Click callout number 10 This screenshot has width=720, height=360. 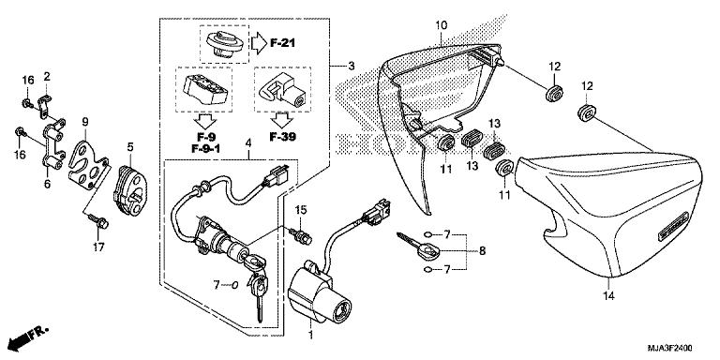point(441,23)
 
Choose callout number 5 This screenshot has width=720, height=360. point(130,146)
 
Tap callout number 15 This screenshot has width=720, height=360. point(302,208)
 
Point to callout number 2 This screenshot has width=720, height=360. point(46,76)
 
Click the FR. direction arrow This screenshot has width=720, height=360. point(25,336)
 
